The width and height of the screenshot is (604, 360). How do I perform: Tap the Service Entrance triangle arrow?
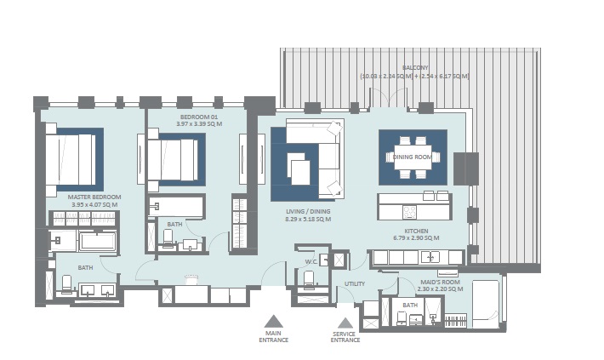345,323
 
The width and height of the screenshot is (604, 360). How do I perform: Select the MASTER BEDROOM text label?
94,197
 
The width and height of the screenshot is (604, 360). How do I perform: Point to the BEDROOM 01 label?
199,117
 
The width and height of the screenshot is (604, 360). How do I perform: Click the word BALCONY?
415,67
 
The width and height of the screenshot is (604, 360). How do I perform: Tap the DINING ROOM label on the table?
412,156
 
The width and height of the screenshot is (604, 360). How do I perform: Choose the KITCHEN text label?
416,231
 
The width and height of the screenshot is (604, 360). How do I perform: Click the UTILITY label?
355,283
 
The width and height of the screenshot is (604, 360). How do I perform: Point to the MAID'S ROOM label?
441,282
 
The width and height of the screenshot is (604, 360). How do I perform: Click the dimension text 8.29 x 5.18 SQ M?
308,219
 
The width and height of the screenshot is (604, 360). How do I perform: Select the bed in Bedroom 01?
174,157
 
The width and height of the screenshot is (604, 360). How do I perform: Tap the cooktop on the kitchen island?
408,211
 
